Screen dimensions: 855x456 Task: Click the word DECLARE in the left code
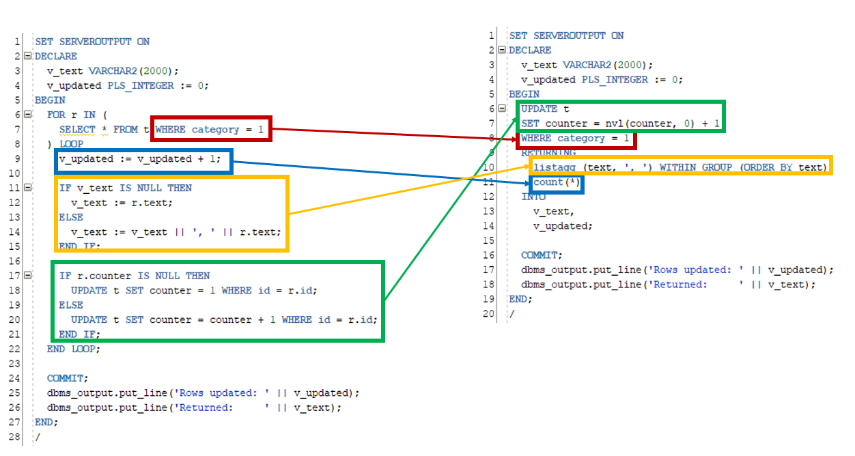(56, 56)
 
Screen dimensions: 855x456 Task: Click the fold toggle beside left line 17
(28, 275)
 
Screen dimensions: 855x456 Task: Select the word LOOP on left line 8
(72, 144)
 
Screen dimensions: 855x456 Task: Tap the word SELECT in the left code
(77, 129)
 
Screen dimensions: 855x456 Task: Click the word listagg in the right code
(555, 167)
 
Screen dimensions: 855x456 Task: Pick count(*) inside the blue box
(557, 182)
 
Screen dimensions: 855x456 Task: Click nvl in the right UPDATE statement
(614, 124)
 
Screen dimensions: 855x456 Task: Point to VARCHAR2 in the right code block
(587, 65)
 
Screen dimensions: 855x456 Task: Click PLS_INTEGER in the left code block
(141, 85)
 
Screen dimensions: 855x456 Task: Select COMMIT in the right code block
(539, 255)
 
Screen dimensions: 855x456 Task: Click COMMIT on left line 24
(65, 378)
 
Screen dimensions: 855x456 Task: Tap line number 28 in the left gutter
(14, 436)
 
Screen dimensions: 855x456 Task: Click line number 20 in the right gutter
(488, 313)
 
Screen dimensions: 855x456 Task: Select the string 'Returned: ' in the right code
(698, 284)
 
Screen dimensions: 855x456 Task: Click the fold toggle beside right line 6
(502, 109)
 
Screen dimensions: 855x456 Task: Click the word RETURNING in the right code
(548, 153)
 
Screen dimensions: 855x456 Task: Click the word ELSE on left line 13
(71, 217)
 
